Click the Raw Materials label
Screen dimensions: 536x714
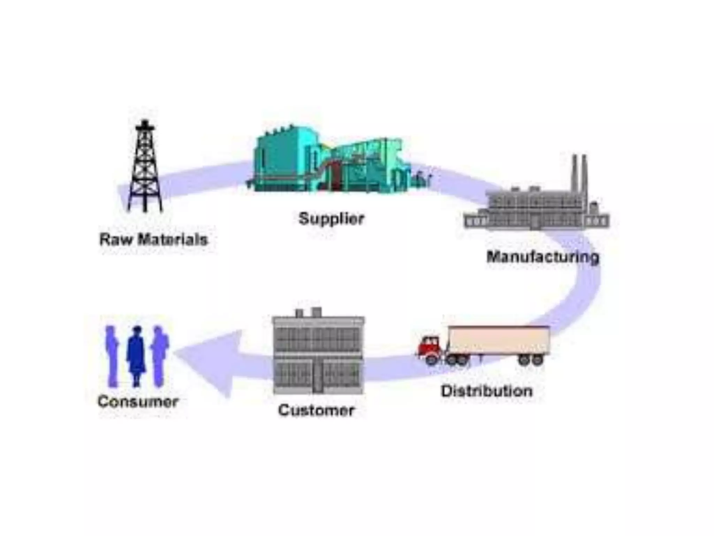153,240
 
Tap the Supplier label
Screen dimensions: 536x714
331,219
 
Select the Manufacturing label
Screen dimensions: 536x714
543,257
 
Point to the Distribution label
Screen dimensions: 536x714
487,391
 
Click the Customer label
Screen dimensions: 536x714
316,410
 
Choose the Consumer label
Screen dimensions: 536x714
138,402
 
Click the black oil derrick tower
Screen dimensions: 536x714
145,171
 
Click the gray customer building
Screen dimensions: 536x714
318,352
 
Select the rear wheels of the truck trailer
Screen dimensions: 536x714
531,359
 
